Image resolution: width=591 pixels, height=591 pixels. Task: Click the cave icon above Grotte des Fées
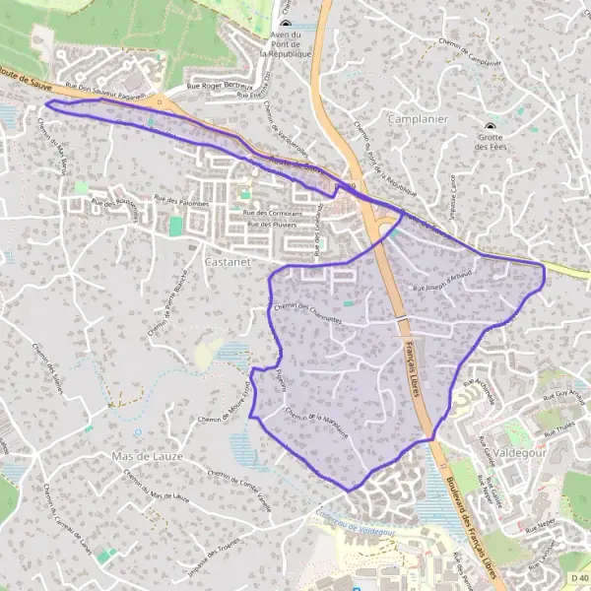(x=490, y=127)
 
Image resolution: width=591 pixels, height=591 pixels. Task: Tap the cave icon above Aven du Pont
(x=286, y=24)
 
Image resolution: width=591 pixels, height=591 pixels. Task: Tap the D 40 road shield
(x=578, y=577)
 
